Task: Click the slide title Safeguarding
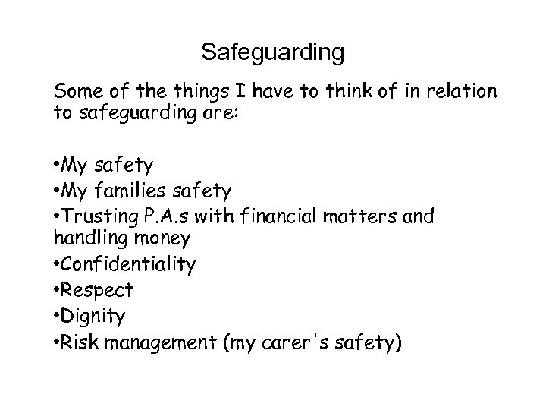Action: [273, 52]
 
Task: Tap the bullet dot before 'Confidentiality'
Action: [58, 264]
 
